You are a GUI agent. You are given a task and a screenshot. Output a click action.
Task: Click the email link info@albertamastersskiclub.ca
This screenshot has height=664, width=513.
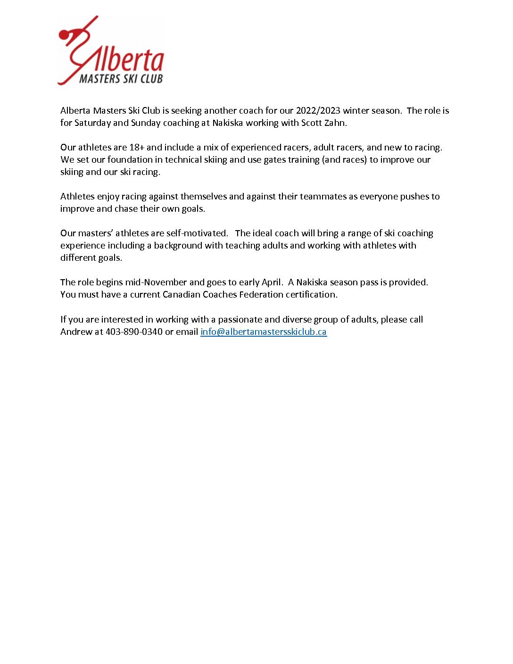tap(263, 332)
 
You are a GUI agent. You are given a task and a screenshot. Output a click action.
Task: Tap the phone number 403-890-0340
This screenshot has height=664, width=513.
tap(134, 332)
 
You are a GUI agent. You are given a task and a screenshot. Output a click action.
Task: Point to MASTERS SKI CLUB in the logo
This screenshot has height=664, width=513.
tap(121, 79)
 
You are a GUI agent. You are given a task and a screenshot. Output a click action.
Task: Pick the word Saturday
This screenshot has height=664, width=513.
tap(92, 123)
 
